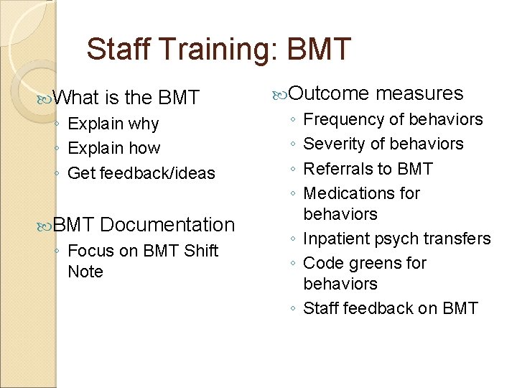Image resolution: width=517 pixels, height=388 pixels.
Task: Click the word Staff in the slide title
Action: [x=116, y=50]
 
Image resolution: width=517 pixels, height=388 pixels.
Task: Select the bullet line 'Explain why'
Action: [x=113, y=124]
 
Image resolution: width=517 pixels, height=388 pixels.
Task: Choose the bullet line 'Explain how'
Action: [x=113, y=149]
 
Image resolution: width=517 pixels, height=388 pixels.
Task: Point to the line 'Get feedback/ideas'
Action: [x=141, y=173]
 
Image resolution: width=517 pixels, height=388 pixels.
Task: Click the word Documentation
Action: [x=167, y=225]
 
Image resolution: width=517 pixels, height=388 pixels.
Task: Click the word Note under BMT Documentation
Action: [x=85, y=272]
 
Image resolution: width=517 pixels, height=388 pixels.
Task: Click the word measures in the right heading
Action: [x=419, y=93]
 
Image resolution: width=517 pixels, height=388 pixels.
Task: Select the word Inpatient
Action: [x=335, y=239]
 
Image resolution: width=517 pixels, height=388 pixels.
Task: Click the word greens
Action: [x=373, y=263]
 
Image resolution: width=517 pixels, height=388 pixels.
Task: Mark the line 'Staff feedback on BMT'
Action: [x=391, y=308]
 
